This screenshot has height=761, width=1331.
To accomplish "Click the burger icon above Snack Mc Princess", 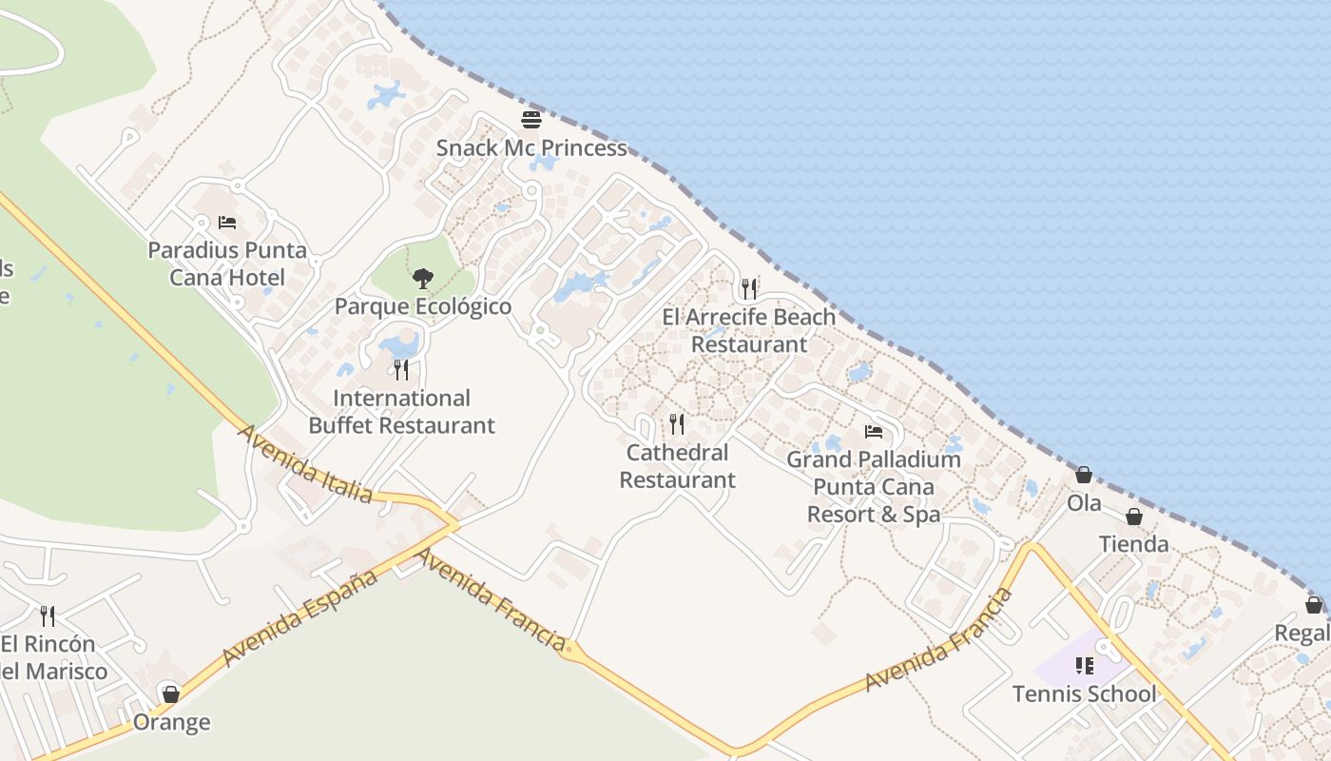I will coord(531,120).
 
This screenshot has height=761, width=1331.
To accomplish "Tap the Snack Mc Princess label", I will coord(531,148).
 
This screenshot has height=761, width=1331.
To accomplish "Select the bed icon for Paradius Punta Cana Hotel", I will coord(227,223).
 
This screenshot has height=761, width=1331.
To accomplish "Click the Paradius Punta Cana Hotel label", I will coord(227,264).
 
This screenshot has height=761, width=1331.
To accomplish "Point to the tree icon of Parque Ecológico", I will coord(423,279).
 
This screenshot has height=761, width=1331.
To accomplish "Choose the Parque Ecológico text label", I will coord(423,306).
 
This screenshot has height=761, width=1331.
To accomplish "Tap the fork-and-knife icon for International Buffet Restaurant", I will coord(401,369).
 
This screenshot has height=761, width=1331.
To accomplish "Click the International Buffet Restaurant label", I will coord(401,412).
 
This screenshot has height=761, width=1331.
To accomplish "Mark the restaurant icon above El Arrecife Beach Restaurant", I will coord(749,288).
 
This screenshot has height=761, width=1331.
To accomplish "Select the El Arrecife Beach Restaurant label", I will coord(749,330).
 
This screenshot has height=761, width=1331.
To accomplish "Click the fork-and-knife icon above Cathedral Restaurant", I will coord(677,423).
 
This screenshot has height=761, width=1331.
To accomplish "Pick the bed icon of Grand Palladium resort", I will coord(874,432).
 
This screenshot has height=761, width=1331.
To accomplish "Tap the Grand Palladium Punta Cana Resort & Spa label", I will coord(874,487).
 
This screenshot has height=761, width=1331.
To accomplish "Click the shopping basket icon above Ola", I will coord(1084,475).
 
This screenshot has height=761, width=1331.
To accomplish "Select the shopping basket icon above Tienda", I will coord(1134,517).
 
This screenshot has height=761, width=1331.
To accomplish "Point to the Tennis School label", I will coord(1085,693).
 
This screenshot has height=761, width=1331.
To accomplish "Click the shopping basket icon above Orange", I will coord(171,694).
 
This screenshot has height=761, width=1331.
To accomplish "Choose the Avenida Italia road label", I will coord(305,463).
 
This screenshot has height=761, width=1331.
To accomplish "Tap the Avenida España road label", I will coord(300,619).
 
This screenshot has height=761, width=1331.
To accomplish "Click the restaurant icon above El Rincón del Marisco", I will coord(48,615).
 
